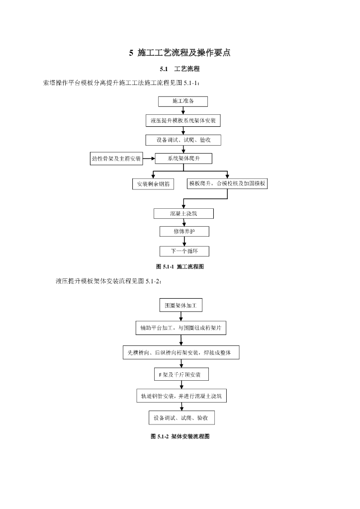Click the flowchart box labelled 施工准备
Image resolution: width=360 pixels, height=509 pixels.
click(x=183, y=101)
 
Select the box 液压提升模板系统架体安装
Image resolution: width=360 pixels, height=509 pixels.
click(x=183, y=121)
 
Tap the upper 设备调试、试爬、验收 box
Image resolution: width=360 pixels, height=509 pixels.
click(x=183, y=140)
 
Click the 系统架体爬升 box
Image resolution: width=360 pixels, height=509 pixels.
click(x=183, y=159)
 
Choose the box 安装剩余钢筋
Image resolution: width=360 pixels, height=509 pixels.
click(x=153, y=184)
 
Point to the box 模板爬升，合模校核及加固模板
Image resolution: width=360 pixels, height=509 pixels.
click(x=227, y=183)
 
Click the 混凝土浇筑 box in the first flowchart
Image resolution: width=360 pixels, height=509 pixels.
click(x=183, y=214)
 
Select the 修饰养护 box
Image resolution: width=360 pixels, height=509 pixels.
click(x=184, y=232)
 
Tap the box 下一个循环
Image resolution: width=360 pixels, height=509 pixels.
click(x=184, y=251)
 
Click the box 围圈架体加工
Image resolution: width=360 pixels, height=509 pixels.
click(x=181, y=305)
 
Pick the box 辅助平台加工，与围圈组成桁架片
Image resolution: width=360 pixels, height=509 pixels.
click(x=181, y=329)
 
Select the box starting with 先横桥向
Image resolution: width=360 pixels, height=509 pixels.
click(x=181, y=353)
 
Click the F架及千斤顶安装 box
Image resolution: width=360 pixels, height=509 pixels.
click(x=181, y=374)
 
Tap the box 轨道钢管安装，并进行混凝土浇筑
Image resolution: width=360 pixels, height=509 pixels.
click(x=181, y=396)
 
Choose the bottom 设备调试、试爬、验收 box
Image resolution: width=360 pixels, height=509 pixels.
click(x=181, y=418)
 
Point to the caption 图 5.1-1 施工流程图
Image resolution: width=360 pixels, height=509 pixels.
click(x=180, y=267)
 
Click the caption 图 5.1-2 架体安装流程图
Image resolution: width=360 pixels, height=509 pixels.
click(x=180, y=436)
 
